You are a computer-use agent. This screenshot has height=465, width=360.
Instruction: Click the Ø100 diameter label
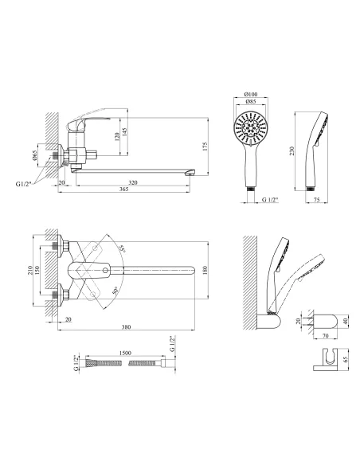click(x=251, y=94)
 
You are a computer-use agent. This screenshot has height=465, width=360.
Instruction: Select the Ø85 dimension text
click(x=251, y=102)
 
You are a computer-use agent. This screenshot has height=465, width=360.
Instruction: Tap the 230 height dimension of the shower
click(x=292, y=150)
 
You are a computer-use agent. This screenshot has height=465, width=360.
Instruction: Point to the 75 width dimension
click(x=316, y=200)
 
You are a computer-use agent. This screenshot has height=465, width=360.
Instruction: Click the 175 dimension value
click(x=205, y=147)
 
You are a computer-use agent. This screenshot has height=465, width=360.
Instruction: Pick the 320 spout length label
click(x=133, y=182)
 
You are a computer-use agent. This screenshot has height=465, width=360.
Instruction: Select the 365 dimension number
click(x=124, y=190)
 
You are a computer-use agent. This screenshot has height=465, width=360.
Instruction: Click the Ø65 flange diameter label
click(x=34, y=155)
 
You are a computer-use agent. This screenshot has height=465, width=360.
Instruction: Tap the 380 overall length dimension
click(x=127, y=327)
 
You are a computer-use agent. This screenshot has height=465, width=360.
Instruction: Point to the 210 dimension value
click(x=29, y=270)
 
